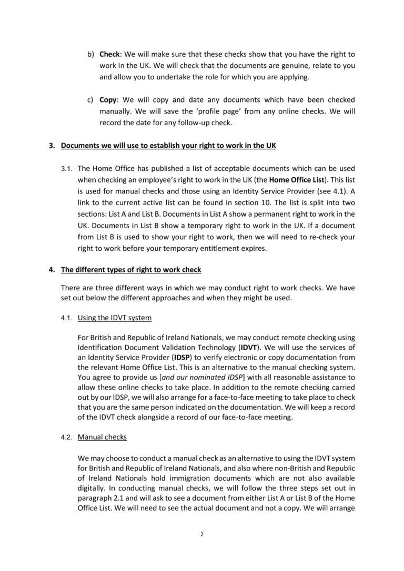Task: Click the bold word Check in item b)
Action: coord(109,55)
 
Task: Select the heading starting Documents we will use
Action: coord(168,146)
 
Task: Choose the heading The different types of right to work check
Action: coord(131,270)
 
